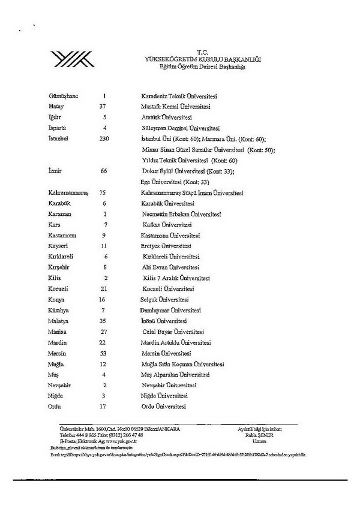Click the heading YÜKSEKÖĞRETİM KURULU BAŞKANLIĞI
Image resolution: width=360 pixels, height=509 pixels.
pyautogui.click(x=203, y=60)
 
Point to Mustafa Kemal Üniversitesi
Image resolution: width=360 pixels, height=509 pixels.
pyautogui.click(x=171, y=106)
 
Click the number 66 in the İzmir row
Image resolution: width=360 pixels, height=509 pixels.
pyautogui.click(x=104, y=171)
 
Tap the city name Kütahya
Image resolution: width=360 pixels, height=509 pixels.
pyautogui.click(x=60, y=310)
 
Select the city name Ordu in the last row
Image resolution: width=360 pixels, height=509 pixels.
pyautogui.click(x=55, y=406)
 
